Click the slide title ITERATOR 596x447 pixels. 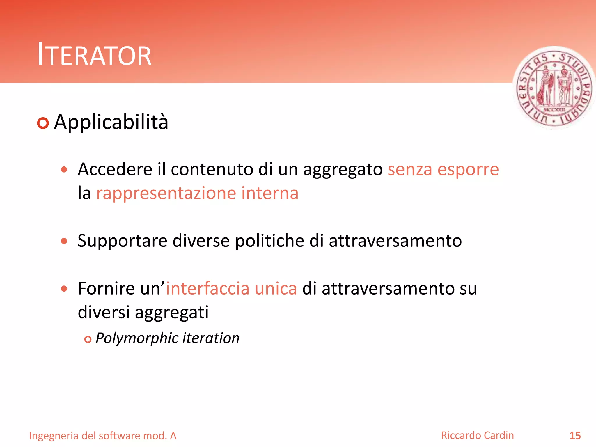coord(94,55)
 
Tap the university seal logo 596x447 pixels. coord(554,87)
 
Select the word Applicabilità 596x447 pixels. coord(111,122)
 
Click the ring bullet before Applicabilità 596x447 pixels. coord(43,123)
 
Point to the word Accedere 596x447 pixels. coord(115,169)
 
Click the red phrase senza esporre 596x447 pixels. coord(443,169)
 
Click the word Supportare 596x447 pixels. coord(122,241)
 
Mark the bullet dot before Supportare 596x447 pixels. coord(64,241)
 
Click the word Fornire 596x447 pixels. coord(106,289)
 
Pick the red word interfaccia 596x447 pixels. coord(207,289)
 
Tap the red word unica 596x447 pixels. coord(276,289)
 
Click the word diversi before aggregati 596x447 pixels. coord(104,312)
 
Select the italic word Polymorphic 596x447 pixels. coord(136,338)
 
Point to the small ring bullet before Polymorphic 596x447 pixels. coord(88,339)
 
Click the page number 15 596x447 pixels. coord(575,436)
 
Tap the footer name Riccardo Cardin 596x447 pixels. coord(477,435)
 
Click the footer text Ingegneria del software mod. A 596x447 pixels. coord(103,436)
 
